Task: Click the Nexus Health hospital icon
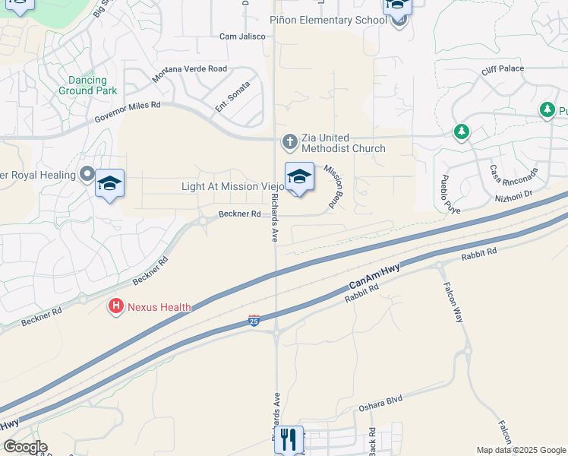point(115,306)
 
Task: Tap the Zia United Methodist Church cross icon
point(289,141)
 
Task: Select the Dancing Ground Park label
point(88,84)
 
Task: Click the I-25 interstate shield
point(254,321)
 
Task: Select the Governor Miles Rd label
point(128,112)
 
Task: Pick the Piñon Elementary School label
point(323,20)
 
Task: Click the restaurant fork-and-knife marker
point(289,439)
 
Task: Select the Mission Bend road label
point(333,186)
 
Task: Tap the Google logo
point(24,447)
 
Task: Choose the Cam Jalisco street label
point(241,36)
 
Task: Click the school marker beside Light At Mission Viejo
point(299,178)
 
